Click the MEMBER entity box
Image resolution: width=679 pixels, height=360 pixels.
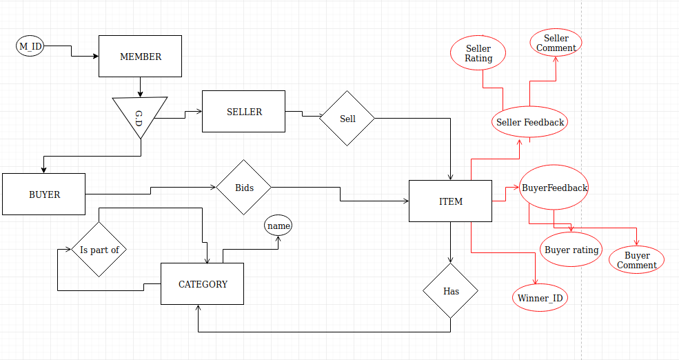point(141,57)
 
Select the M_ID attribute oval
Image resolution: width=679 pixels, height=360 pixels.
point(30,46)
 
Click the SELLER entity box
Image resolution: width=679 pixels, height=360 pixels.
point(244,111)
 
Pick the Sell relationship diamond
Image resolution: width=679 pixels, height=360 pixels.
point(347,118)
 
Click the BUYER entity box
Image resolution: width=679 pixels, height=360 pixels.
point(43,194)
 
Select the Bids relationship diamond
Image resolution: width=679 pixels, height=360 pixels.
point(244,187)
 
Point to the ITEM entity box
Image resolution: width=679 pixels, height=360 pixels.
point(450,201)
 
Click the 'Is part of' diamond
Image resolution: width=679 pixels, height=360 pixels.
point(99,249)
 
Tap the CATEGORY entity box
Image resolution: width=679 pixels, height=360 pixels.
point(202,283)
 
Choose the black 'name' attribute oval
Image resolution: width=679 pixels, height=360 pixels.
point(278,226)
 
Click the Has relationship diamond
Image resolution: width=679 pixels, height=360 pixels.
point(450,290)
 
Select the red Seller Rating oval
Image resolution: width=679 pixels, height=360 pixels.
point(478,53)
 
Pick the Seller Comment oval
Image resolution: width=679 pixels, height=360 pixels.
point(556,43)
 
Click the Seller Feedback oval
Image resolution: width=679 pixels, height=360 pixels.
point(530,122)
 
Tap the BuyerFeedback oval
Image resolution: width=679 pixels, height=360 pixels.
point(554,187)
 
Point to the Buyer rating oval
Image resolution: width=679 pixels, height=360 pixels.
point(571,250)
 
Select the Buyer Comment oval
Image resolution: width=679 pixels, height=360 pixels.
point(636,260)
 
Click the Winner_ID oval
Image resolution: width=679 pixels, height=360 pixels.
point(540,298)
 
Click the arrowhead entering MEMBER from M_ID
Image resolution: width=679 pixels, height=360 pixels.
point(96,56)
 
